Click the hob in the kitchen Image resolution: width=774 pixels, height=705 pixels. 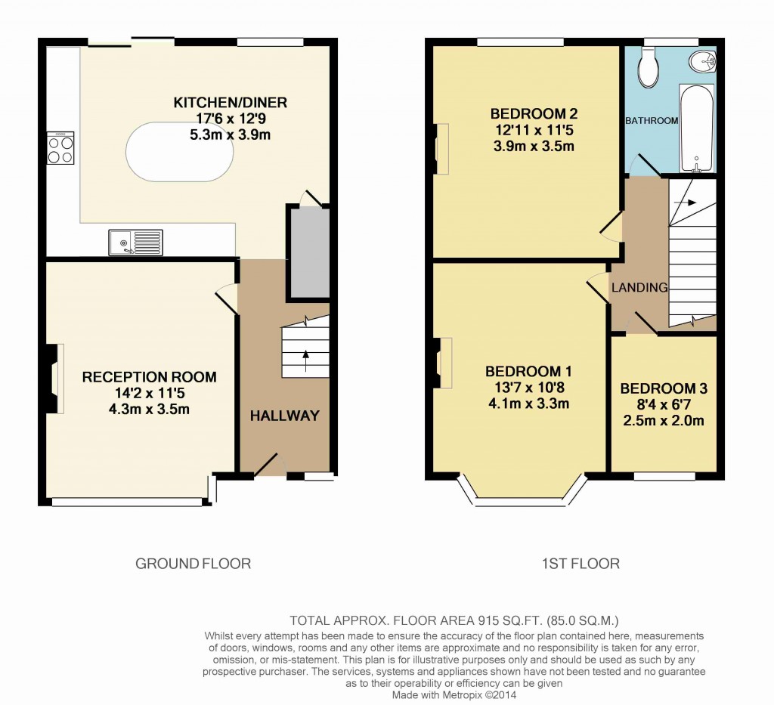point(60,148)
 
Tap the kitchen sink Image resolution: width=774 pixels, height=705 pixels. point(135,242)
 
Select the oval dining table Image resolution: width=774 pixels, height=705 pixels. point(179,151)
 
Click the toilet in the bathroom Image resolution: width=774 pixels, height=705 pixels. point(648,67)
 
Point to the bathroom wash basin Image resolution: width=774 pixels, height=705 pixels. point(702,62)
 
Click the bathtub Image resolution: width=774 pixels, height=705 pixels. point(696,128)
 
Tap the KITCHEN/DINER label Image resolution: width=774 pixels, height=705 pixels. point(231,103)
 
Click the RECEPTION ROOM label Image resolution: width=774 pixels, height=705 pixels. point(149,377)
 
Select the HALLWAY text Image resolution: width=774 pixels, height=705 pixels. point(284,416)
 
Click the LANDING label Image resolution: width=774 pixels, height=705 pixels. point(639,288)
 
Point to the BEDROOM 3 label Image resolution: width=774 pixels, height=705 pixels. point(664,389)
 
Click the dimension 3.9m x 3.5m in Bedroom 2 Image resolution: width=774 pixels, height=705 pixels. point(534,146)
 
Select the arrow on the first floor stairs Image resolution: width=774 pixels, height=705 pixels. point(688,203)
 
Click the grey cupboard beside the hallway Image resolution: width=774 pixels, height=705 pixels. point(308,253)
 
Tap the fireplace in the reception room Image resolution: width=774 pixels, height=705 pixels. point(55,379)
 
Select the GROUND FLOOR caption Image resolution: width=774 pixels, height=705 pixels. point(193,564)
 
